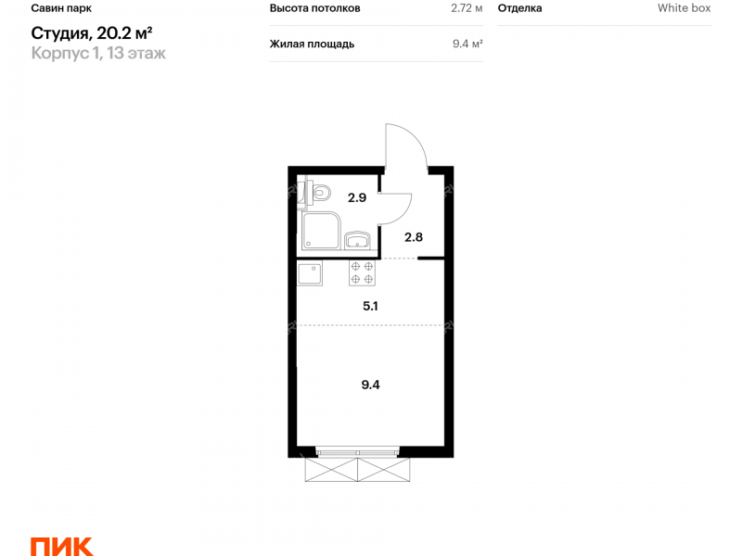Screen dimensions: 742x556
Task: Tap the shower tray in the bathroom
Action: tap(321, 231)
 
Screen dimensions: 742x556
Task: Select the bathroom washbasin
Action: tap(358, 240)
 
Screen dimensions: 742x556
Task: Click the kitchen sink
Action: tap(310, 273)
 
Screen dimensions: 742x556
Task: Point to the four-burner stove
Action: tap(362, 273)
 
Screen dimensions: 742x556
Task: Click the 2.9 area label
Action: tap(357, 197)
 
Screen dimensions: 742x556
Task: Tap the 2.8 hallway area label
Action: tap(413, 237)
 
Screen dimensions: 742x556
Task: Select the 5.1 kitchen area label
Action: tap(370, 307)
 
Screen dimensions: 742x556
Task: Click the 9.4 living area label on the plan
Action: tap(370, 385)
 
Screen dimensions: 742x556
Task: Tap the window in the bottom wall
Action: tap(357, 452)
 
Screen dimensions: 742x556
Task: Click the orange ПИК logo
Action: tap(61, 547)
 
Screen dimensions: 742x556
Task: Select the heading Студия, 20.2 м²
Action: tap(91, 33)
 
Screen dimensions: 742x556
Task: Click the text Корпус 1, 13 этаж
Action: tap(98, 53)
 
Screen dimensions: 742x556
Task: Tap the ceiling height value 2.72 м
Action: tap(467, 8)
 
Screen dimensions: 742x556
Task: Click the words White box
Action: tap(684, 8)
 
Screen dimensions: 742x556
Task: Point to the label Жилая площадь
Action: tap(312, 44)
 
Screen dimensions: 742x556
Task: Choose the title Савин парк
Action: tap(61, 8)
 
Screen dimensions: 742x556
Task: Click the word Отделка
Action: tap(519, 8)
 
